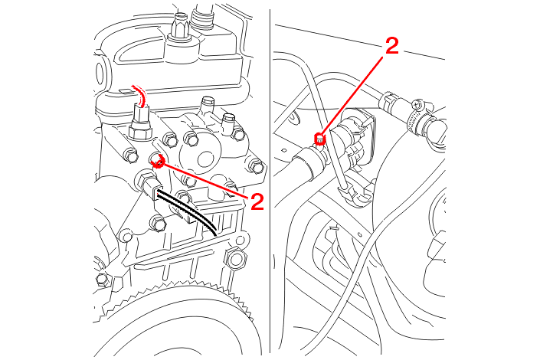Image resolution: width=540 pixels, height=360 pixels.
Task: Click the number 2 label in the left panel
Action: click(x=256, y=201)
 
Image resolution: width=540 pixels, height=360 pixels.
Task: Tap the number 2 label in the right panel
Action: click(x=391, y=46)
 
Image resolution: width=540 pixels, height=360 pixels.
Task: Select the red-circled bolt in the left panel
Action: click(x=158, y=160)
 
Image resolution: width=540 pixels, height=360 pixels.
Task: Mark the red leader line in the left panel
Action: click(x=203, y=179)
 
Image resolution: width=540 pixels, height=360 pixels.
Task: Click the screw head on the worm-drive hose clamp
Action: click(x=417, y=103)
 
